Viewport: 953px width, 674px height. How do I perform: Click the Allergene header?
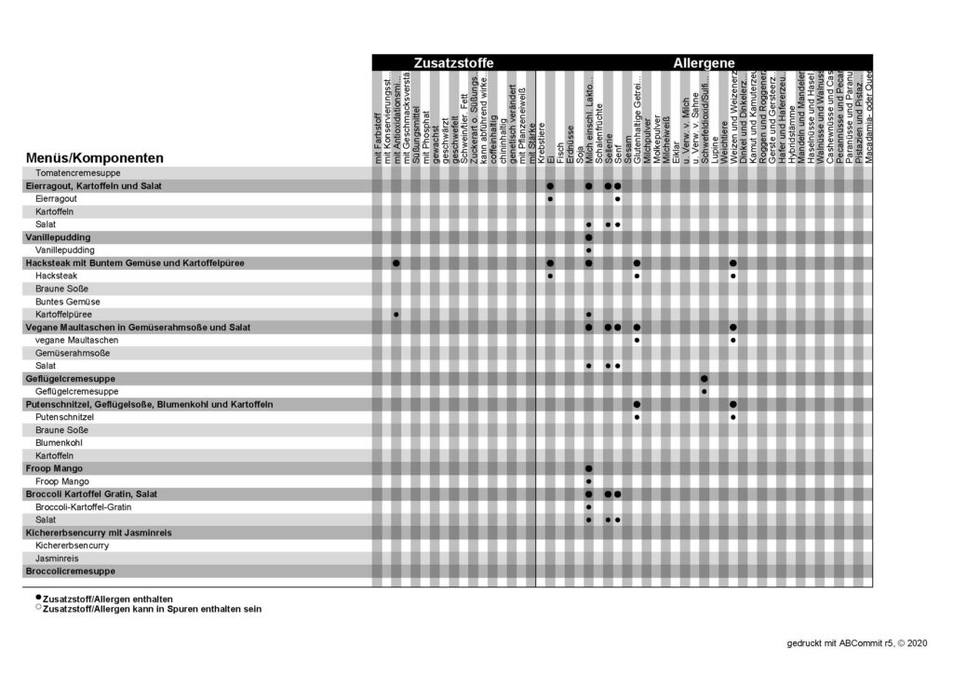pyautogui.click(x=705, y=62)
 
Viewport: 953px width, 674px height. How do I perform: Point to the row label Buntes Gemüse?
pyautogui.click(x=68, y=303)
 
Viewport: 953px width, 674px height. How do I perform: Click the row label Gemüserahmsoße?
pyautogui.click(x=74, y=354)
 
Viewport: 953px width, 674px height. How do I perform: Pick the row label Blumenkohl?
pyautogui.click(x=60, y=443)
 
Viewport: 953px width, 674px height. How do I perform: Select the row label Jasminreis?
pyautogui.click(x=58, y=558)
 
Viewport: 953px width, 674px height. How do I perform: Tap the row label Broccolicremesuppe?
pyautogui.click(x=71, y=571)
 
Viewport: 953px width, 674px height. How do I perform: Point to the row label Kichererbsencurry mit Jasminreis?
pyautogui.click(x=98, y=532)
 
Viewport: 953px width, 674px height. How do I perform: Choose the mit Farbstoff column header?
pyautogui.click(x=378, y=140)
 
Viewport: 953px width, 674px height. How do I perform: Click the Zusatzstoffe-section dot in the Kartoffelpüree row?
pyautogui.click(x=396, y=315)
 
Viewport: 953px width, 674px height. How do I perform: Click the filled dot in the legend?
pyautogui.click(x=38, y=597)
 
